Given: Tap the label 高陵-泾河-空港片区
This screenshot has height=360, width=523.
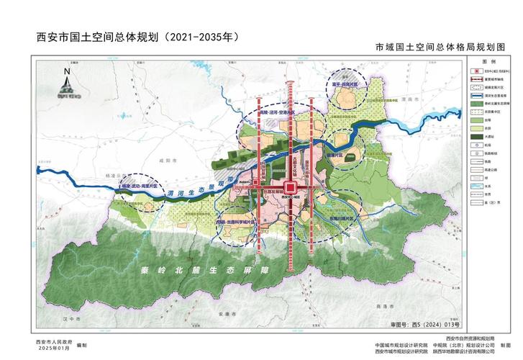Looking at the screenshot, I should coord(278,112).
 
